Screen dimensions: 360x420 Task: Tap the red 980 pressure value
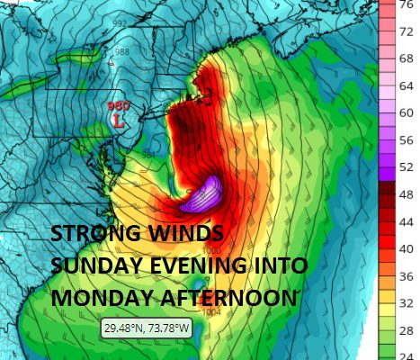pyautogui.click(x=118, y=105)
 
